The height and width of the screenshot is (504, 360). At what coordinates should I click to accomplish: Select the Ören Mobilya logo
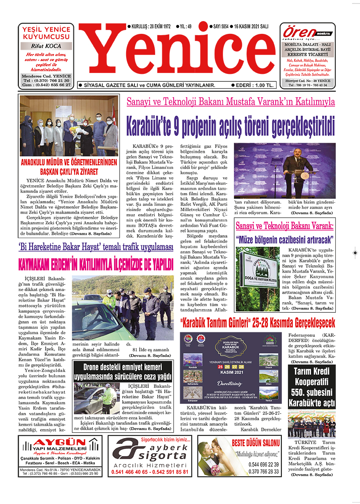[307, 33]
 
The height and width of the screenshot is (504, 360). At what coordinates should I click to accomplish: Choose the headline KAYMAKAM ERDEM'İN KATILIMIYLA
[96, 265]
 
